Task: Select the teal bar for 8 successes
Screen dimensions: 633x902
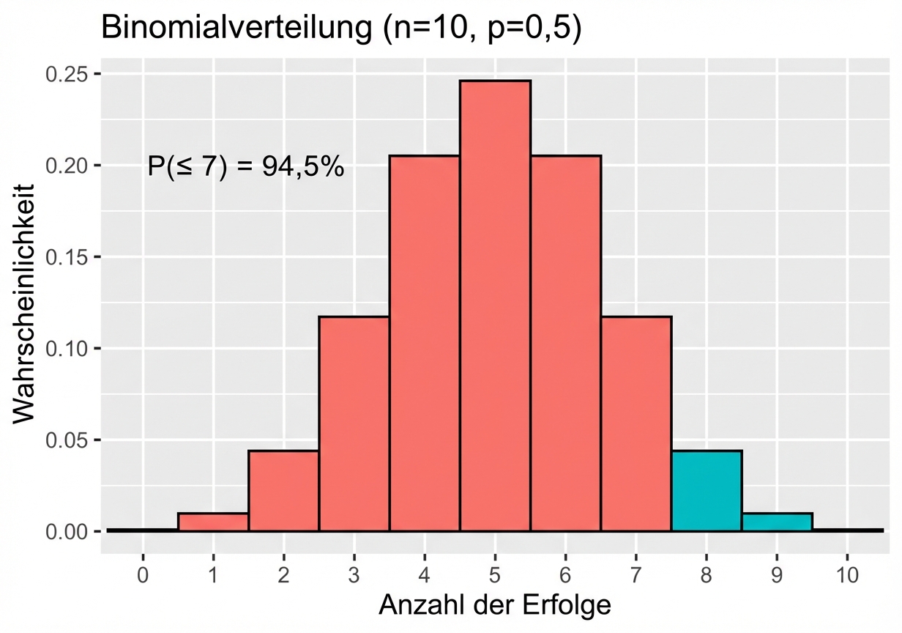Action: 707,491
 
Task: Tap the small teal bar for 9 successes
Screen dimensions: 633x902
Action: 777,522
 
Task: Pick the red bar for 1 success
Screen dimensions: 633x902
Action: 213,522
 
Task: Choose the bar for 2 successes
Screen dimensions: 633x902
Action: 283,491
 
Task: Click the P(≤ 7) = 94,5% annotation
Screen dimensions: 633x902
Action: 245,166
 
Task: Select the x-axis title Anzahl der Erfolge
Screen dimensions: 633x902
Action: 495,604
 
